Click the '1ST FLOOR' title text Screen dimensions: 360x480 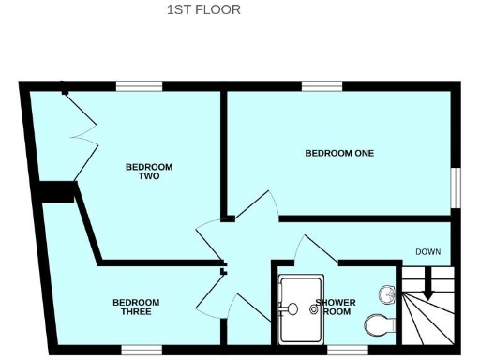pos(203,10)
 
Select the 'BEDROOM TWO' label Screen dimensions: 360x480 pos(149,172)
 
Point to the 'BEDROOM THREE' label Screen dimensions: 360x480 pos(136,307)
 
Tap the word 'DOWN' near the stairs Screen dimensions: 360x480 pos(428,251)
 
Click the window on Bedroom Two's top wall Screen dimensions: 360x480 pos(135,86)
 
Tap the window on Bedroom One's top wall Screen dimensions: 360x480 pos(322,86)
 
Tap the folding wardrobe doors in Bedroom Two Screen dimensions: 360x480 pos(80,131)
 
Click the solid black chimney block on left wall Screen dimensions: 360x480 pos(57,192)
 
